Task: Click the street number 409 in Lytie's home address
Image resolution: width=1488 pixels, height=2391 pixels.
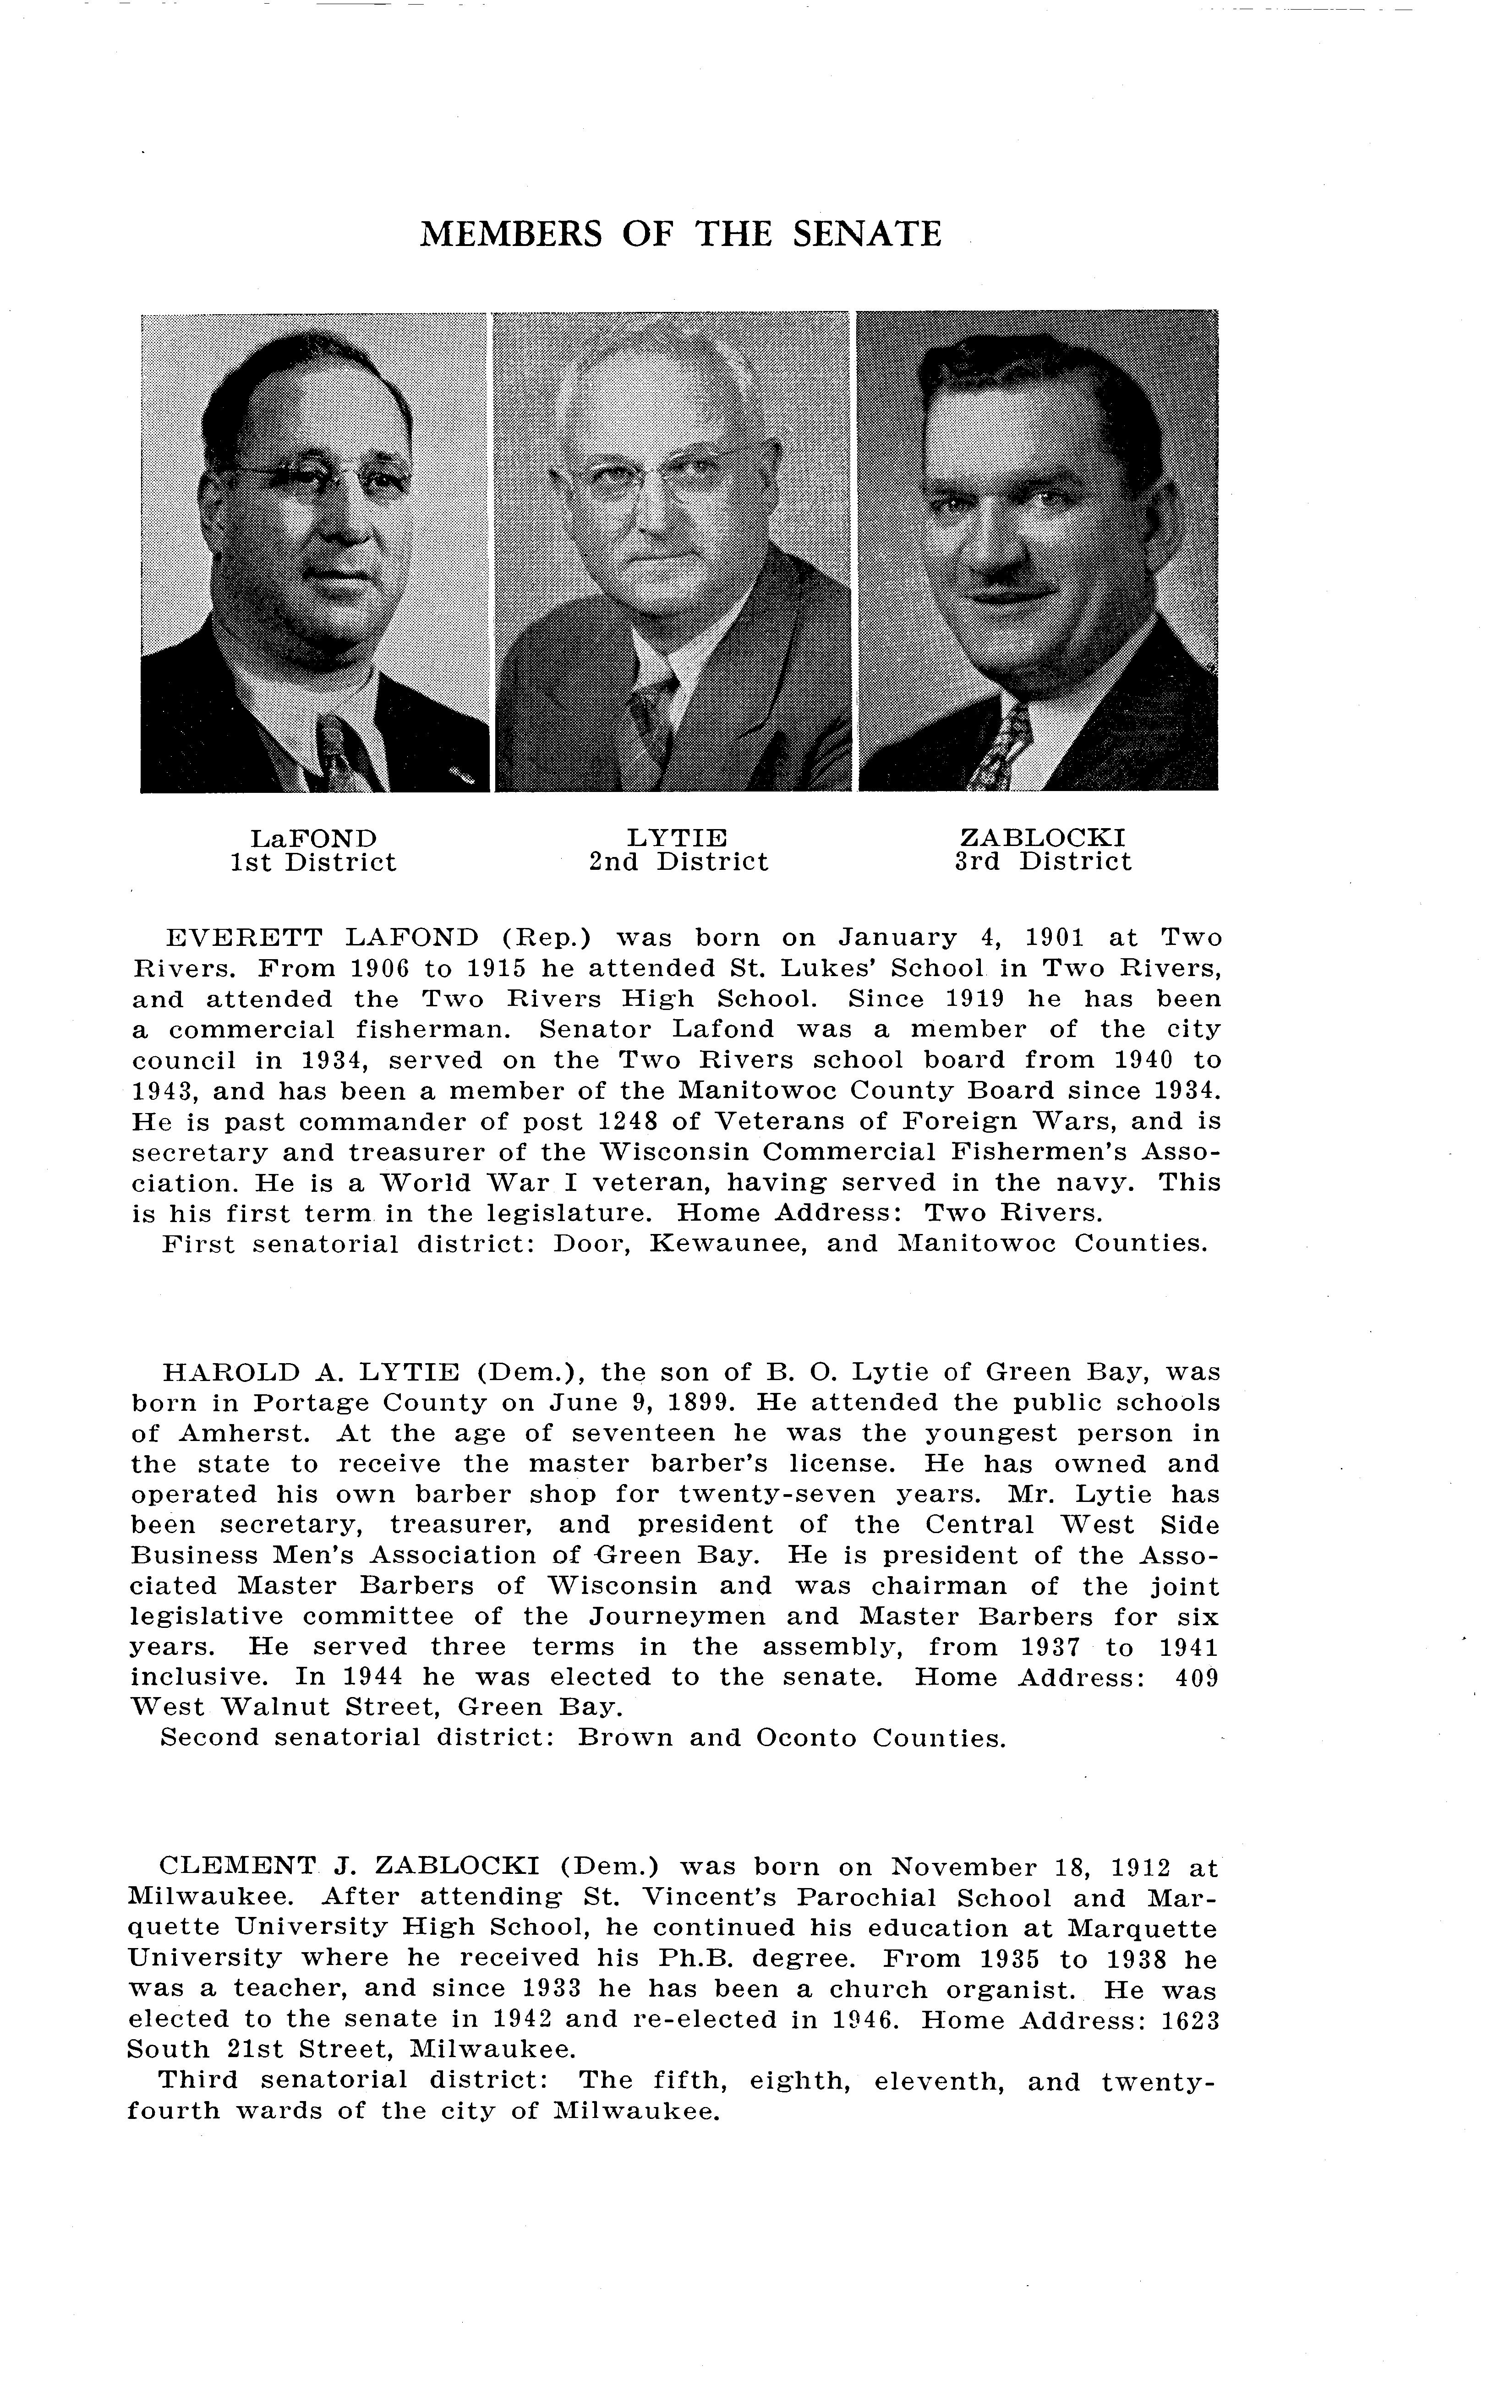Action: point(1197,1678)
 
